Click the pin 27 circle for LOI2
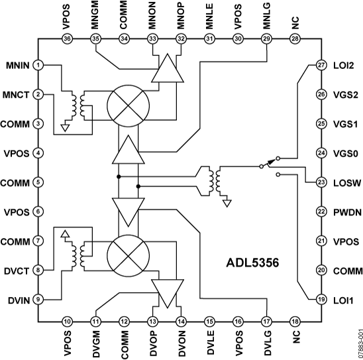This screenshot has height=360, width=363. point(321,65)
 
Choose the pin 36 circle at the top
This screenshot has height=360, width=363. point(66,39)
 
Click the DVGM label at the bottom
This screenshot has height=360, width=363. point(96,345)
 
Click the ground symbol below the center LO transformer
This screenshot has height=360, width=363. point(227,202)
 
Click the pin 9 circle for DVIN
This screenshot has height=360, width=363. point(39,298)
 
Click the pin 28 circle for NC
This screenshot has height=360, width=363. point(295,39)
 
